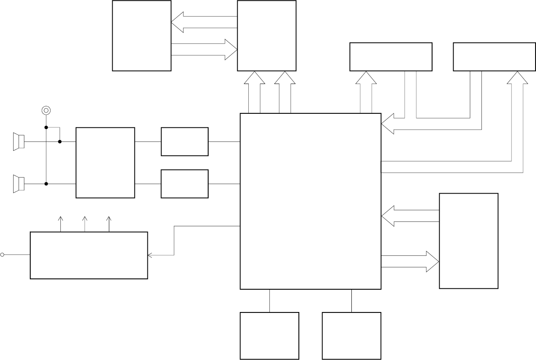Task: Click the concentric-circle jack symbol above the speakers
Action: pyautogui.click(x=46, y=110)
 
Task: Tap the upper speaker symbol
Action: pyautogui.click(x=19, y=142)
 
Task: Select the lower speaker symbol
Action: pyautogui.click(x=19, y=184)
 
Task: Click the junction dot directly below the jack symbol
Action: pyautogui.click(x=46, y=127)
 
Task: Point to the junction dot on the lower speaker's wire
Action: pyautogui.click(x=46, y=184)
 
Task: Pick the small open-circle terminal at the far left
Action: pyautogui.click(x=2, y=255)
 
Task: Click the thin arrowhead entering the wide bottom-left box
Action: pyautogui.click(x=150, y=255)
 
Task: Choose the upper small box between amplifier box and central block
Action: pyautogui.click(x=185, y=142)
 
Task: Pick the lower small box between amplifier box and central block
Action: pyautogui.click(x=185, y=184)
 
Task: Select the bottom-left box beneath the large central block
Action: pyautogui.click(x=269, y=336)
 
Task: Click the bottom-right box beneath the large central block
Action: pyautogui.click(x=351, y=336)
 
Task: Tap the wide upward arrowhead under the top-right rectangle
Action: pyautogui.click(x=517, y=78)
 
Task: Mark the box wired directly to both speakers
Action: pyautogui.click(x=105, y=163)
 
